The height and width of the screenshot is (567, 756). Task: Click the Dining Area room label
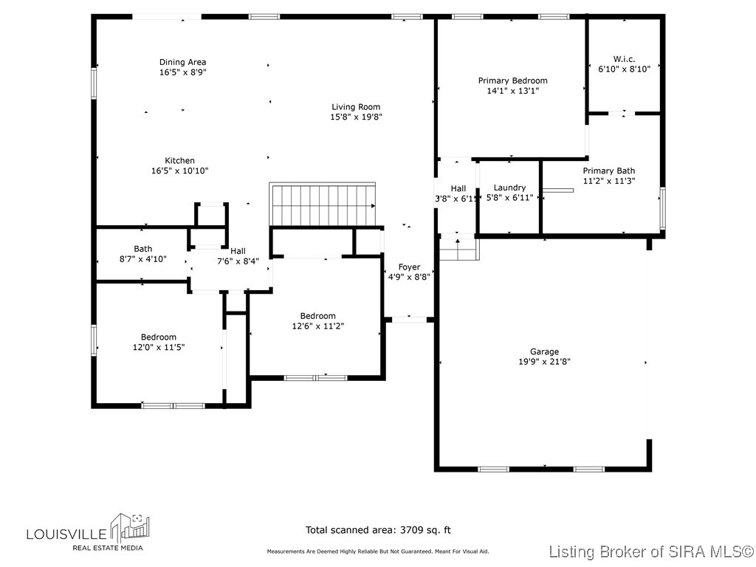182,62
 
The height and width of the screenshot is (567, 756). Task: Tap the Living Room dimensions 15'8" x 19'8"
356,117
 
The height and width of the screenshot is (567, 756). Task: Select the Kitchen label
179,160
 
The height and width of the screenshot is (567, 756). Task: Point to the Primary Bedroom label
512,80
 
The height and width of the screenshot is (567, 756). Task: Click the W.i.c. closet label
624,58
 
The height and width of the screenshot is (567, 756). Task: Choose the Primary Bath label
608,171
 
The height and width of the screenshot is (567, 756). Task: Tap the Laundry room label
509,188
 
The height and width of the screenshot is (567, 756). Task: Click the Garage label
544,351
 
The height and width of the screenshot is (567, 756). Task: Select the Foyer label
409,267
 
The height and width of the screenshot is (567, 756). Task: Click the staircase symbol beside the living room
323,204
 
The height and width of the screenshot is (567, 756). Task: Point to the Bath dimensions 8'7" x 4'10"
143,259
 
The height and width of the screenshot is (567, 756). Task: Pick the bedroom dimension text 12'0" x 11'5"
159,347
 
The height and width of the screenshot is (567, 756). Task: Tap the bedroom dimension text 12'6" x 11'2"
317,326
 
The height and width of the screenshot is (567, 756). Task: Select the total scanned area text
378,529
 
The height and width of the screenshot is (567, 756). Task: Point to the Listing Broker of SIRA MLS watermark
652,551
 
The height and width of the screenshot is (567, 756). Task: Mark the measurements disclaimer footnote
377,551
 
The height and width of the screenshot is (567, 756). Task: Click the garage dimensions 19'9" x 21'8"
544,362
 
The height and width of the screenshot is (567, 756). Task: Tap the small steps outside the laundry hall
458,250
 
